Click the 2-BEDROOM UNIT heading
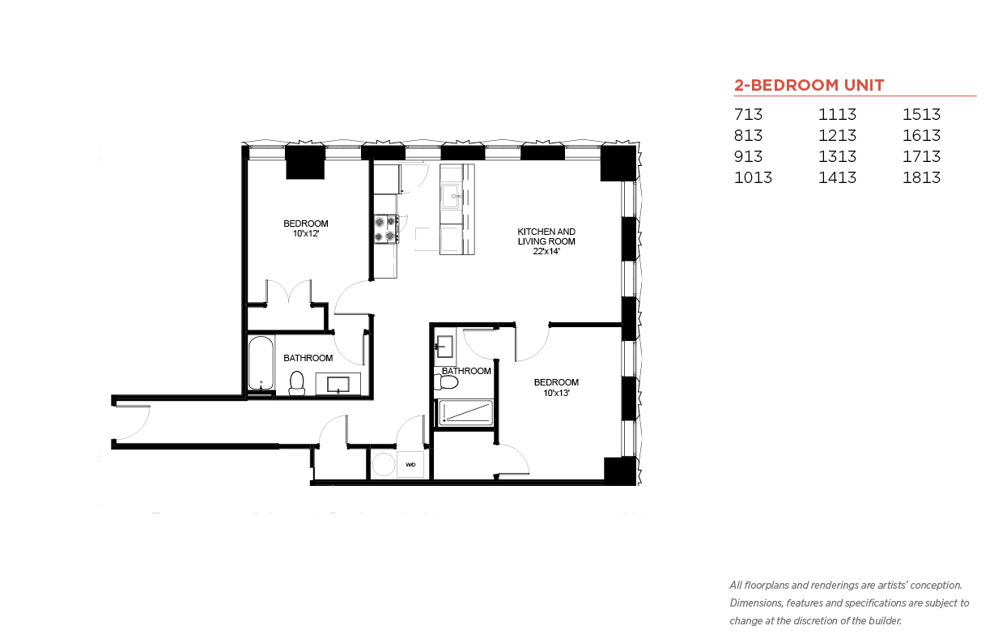coord(809,85)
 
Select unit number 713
coord(748,114)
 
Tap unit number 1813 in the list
coord(921,177)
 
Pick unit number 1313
coord(837,156)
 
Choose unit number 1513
coord(921,114)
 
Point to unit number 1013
coord(753,177)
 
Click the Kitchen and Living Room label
coord(546,236)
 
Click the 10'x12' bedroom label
coord(305,233)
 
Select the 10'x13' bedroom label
coord(556,393)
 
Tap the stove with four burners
coord(385,228)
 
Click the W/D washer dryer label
coord(410,465)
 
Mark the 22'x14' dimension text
coord(546,251)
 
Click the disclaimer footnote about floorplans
coord(848,603)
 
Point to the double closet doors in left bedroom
coord(288,292)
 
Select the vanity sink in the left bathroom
coord(338,384)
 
